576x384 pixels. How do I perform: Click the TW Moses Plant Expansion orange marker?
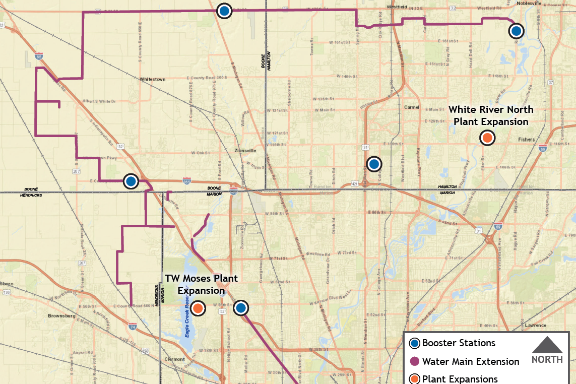point(198,308)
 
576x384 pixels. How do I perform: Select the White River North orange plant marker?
point(487,138)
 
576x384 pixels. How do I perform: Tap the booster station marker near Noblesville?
point(516,31)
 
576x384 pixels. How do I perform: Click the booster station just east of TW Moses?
point(241,307)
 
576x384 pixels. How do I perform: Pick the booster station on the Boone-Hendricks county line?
point(131,181)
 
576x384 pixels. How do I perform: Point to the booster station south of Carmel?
point(374,164)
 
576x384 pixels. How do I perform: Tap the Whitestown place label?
point(153,79)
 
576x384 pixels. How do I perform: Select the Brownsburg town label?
point(62,316)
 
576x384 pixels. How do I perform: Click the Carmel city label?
point(412,107)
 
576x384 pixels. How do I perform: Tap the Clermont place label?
point(174,359)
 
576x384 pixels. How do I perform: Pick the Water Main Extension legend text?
point(471,361)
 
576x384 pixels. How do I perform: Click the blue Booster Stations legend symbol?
point(414,344)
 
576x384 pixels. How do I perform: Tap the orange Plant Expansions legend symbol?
point(414,379)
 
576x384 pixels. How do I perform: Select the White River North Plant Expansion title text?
point(491,115)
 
